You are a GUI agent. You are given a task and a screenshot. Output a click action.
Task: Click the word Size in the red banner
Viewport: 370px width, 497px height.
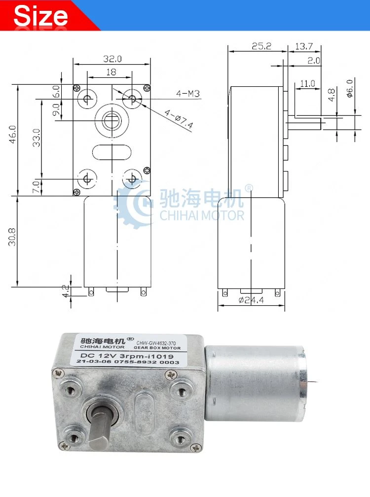click(x=40, y=16)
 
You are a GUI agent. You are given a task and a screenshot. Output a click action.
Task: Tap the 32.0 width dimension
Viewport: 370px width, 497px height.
click(x=112, y=59)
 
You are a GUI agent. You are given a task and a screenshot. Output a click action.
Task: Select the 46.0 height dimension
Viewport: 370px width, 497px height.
click(x=13, y=135)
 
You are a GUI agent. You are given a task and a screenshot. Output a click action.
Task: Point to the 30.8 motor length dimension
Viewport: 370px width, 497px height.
click(x=12, y=237)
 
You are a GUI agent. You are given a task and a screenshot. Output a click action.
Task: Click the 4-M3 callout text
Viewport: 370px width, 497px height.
click(x=188, y=94)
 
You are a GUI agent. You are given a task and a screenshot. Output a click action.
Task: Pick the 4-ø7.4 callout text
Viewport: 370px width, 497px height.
click(x=179, y=119)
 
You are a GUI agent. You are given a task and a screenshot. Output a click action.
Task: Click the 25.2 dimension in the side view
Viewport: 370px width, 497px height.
click(x=261, y=46)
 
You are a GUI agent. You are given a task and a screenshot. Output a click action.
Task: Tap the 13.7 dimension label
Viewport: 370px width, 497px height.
click(x=304, y=46)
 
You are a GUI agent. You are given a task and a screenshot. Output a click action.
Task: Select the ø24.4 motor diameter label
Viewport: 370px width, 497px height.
click(x=251, y=300)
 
